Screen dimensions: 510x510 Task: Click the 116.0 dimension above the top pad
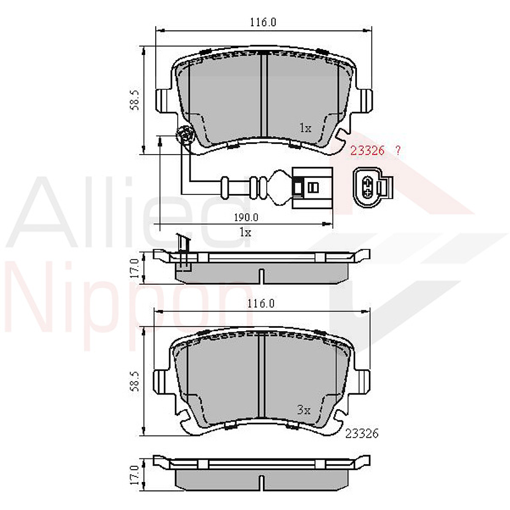[263, 22]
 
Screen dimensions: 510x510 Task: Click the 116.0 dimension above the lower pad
[263, 304]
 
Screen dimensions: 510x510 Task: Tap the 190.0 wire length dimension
[246, 217]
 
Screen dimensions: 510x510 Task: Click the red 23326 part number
[367, 150]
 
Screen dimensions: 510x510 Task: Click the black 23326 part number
[362, 433]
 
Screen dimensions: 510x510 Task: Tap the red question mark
[397, 150]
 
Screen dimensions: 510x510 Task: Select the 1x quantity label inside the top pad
[304, 128]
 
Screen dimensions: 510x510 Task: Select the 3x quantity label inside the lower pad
[304, 410]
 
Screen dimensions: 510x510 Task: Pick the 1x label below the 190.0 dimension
[245, 231]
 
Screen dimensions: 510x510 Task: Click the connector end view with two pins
[373, 186]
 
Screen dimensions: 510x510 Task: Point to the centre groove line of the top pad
[263, 95]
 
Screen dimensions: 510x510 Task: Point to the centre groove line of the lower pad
[260, 375]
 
